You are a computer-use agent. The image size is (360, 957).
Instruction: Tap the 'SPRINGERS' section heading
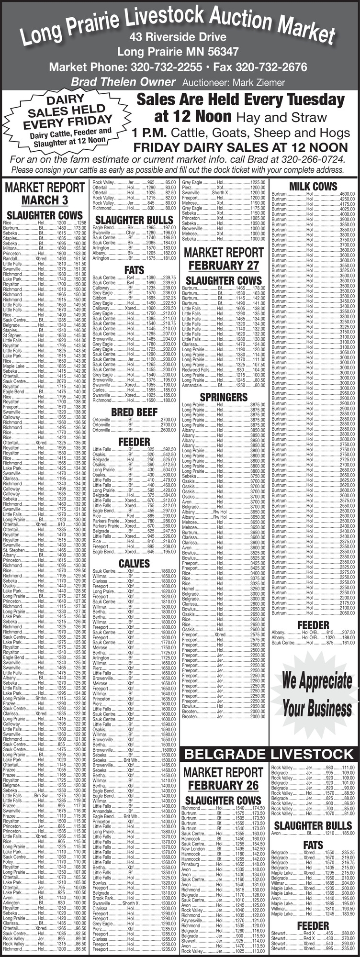[x=224, y=397]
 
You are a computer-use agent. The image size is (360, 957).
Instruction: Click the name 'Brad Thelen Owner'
[x=123, y=82]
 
